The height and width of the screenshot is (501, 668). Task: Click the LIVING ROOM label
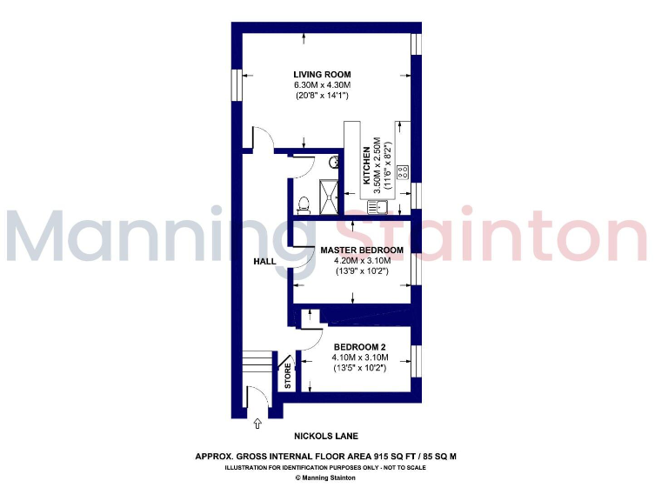coord(322,74)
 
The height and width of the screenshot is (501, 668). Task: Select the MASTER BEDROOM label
coord(361,250)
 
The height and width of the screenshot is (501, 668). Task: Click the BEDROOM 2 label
coord(359,345)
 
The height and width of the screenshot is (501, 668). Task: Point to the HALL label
coord(264,261)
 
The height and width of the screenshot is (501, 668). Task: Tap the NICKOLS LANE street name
coord(327,436)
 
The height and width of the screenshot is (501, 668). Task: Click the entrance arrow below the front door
coord(257,424)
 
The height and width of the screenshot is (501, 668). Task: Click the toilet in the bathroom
coord(304,204)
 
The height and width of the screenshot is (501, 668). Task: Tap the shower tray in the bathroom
coord(330,195)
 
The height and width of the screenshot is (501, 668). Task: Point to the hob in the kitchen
coord(403,171)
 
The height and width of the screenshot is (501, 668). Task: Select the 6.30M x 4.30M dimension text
coord(322,85)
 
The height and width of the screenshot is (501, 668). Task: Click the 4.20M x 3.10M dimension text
coord(361,261)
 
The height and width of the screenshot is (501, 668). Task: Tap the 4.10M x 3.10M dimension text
coord(359,357)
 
